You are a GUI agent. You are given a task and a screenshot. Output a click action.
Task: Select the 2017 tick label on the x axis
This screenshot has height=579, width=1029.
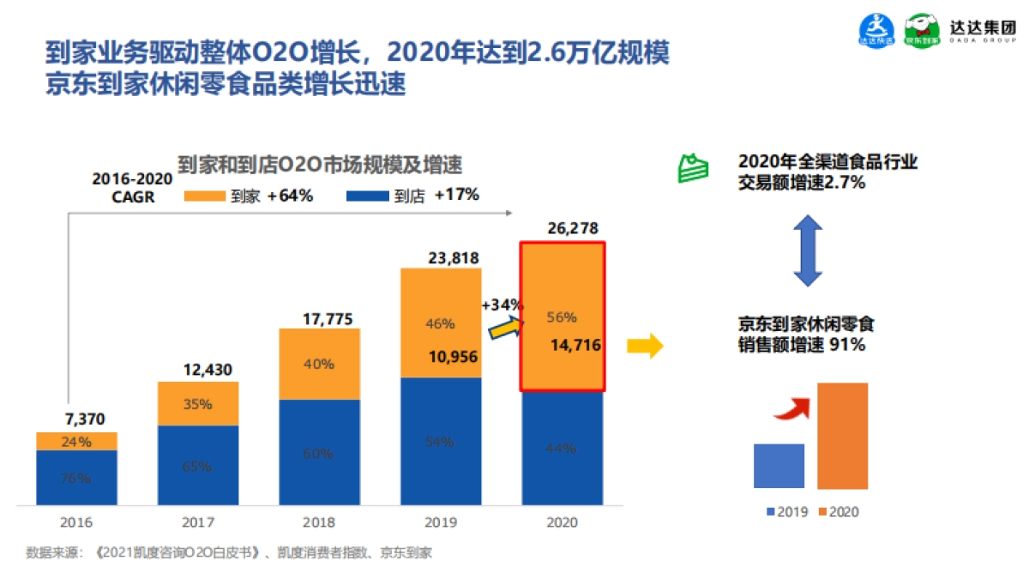198,522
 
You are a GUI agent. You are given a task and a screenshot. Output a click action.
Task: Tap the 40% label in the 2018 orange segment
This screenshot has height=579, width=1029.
319,364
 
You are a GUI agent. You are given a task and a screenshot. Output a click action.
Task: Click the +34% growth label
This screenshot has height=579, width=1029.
502,305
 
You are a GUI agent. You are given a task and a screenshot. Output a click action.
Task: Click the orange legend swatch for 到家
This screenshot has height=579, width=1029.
204,196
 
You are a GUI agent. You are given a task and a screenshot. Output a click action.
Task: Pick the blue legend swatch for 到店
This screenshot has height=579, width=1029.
365,196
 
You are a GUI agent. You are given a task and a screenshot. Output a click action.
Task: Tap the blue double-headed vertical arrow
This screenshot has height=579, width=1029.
807,250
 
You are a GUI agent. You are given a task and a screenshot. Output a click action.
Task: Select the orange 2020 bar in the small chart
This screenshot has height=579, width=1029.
842,436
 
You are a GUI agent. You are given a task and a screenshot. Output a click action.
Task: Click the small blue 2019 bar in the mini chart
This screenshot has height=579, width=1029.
779,466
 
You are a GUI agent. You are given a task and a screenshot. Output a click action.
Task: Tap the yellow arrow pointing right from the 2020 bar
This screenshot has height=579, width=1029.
644,347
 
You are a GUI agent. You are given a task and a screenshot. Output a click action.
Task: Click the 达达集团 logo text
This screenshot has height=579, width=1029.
985,25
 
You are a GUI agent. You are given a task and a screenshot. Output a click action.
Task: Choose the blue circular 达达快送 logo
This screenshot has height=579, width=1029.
876,31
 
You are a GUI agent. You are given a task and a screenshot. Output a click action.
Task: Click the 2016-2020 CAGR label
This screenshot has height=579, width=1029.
131,187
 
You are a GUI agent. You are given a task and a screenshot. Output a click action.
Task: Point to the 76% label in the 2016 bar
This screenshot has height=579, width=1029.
76,478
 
